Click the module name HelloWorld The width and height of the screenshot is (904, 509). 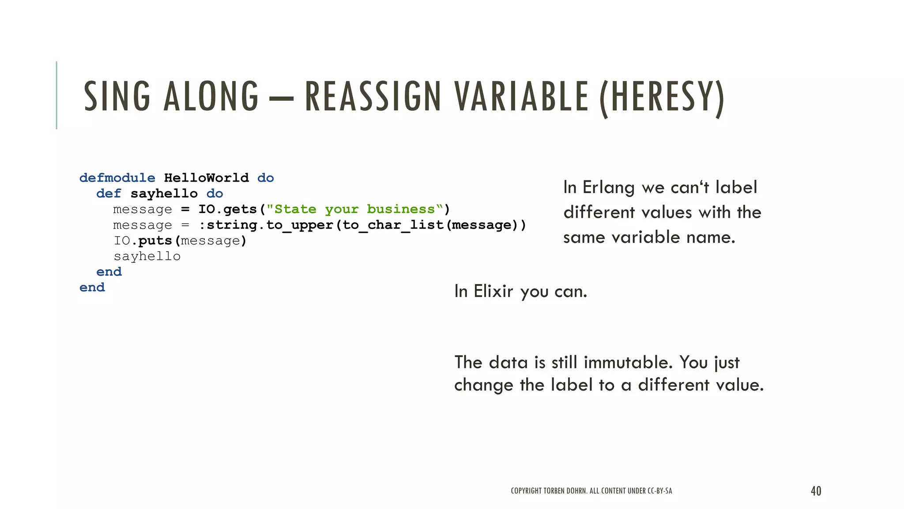[206, 178]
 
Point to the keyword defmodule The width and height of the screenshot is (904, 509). [117, 178]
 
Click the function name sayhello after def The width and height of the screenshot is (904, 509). [164, 194]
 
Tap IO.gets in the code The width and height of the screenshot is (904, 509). [227, 209]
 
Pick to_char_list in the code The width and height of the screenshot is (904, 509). [393, 225]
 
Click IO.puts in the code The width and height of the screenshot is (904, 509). [143, 241]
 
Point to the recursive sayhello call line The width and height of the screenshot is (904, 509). [147, 256]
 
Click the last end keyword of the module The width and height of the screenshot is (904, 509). [92, 288]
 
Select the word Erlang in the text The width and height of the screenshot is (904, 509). [608, 187]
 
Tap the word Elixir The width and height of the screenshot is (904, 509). [493, 292]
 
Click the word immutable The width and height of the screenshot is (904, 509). [628, 362]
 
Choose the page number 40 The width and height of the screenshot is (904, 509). [816, 491]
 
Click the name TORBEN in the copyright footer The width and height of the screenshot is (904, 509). [554, 491]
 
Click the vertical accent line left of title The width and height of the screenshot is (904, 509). [56, 95]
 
